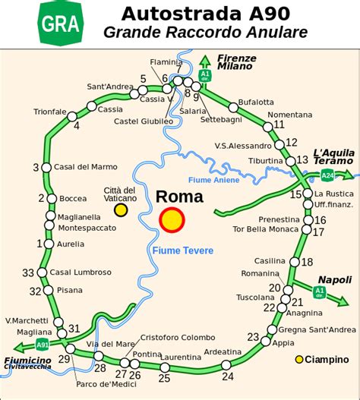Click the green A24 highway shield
(327, 176)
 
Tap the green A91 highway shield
(43, 345)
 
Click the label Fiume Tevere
(182, 250)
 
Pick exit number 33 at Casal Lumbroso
(29, 273)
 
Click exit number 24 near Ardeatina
(227, 376)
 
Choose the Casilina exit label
(269, 260)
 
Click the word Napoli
(335, 279)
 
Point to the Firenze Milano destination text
(235, 62)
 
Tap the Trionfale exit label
(50, 112)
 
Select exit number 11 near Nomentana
(279, 124)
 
